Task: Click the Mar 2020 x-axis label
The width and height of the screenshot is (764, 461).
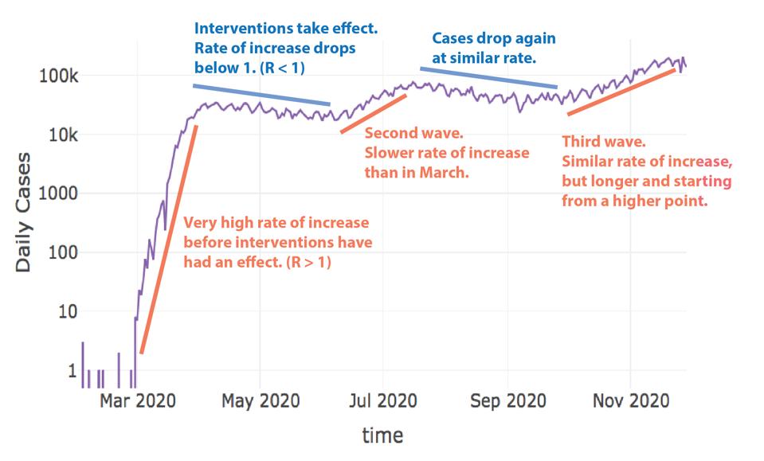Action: pos(137,400)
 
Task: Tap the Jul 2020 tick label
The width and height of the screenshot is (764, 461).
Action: pos(383,400)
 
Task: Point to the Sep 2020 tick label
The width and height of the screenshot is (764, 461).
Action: pos(507,400)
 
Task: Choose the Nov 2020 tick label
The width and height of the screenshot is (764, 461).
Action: pos(630,400)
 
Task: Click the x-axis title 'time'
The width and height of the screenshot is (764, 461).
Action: pos(382,435)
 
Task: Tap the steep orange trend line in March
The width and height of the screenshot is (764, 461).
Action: pos(168,239)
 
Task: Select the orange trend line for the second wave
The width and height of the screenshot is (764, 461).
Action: pos(374,114)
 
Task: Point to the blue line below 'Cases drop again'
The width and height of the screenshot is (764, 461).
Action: pos(488,77)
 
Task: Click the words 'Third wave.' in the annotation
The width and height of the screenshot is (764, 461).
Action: pos(604,142)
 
